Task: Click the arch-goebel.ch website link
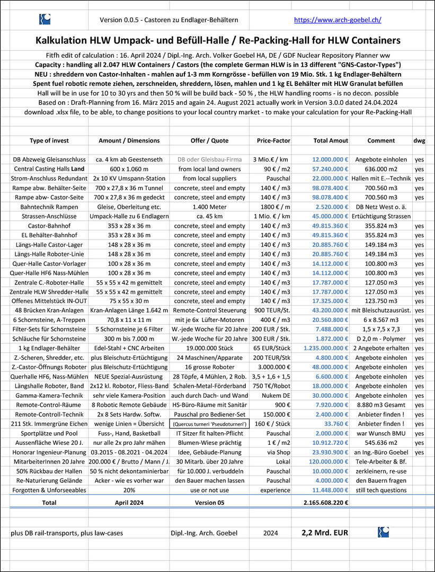coord(338,20)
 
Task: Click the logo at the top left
coord(45,20)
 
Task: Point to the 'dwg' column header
coord(419,140)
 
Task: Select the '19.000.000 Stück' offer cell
coord(210,348)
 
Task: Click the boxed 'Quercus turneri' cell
coord(210,424)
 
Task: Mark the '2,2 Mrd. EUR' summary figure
coord(325,532)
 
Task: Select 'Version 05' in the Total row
coord(210,502)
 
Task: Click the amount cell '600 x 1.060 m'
coord(129,169)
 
